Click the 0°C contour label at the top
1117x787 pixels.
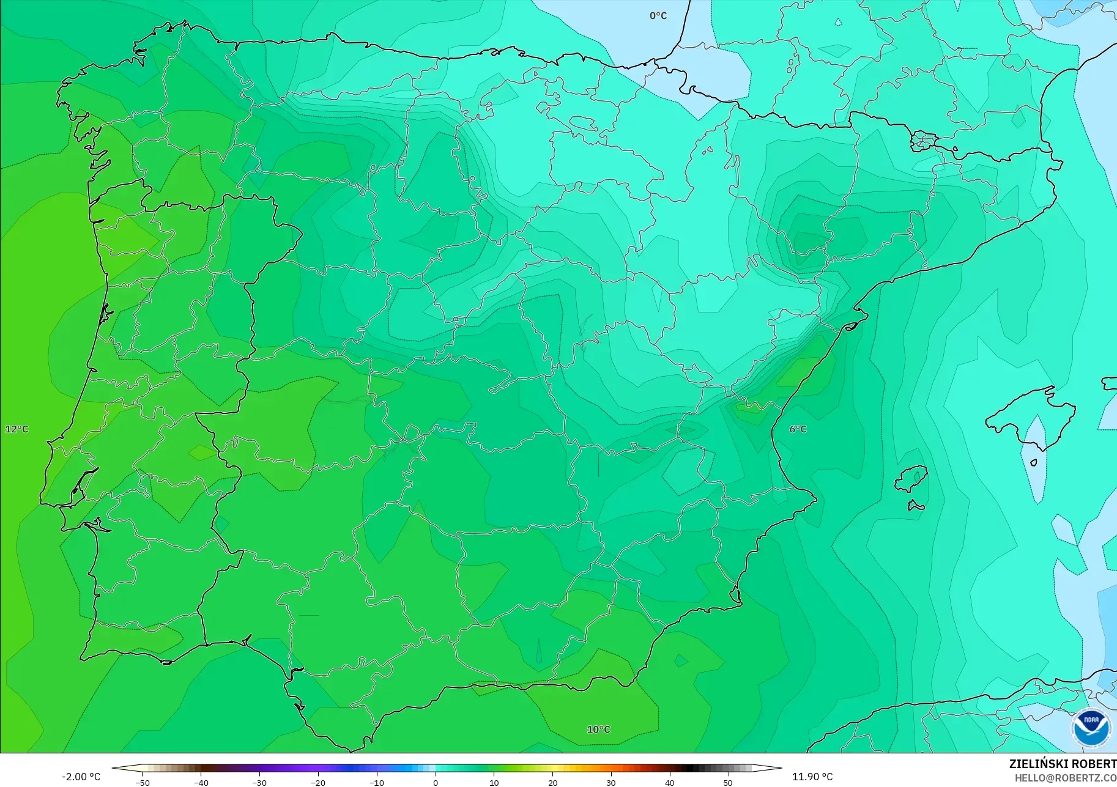pyautogui.click(x=658, y=16)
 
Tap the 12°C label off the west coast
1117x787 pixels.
pyautogui.click(x=17, y=429)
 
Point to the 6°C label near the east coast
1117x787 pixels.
pyautogui.click(x=798, y=429)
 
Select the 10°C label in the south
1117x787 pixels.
pyautogui.click(x=598, y=730)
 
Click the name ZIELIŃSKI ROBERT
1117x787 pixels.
pyautogui.click(x=1063, y=764)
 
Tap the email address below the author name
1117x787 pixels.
pyautogui.click(x=1065, y=778)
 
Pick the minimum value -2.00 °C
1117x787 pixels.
pyautogui.click(x=81, y=777)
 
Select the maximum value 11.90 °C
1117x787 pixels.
pyautogui.click(x=812, y=777)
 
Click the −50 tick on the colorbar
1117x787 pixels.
pyautogui.click(x=142, y=782)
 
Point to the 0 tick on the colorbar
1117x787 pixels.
pyautogui.click(x=436, y=782)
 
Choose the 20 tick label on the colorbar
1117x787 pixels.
pyautogui.click(x=552, y=782)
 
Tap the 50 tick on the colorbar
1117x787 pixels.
pyautogui.click(x=728, y=782)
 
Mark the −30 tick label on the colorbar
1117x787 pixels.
pyautogui.click(x=259, y=782)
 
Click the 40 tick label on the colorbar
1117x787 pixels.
pyautogui.click(x=670, y=782)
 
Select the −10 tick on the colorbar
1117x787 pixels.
pyautogui.click(x=377, y=782)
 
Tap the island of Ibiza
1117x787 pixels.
pyautogui.click(x=912, y=478)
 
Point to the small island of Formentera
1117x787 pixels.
pyautogui.click(x=916, y=506)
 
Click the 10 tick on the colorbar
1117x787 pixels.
pyautogui.click(x=494, y=782)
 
